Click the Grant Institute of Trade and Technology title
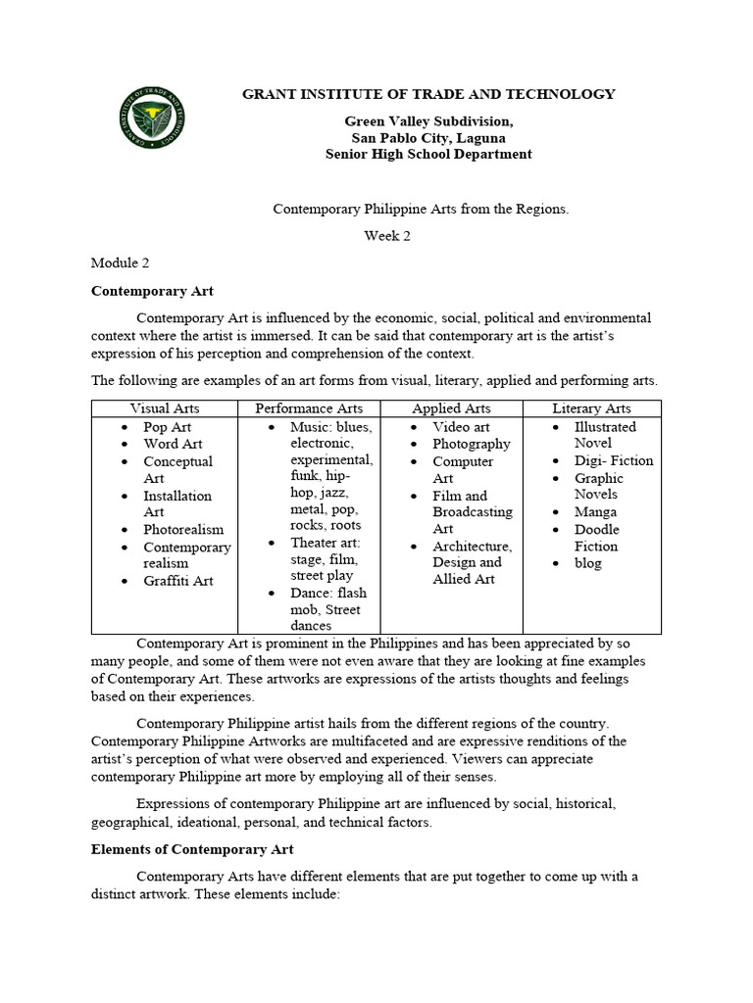428,94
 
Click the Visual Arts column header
165,408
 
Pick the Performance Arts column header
309,408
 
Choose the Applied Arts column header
451,408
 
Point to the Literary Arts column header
591,408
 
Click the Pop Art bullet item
168,427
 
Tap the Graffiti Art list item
178,581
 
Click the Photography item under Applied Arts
472,444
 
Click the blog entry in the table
588,563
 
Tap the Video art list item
461,427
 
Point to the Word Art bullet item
174,444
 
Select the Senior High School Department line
428,154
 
